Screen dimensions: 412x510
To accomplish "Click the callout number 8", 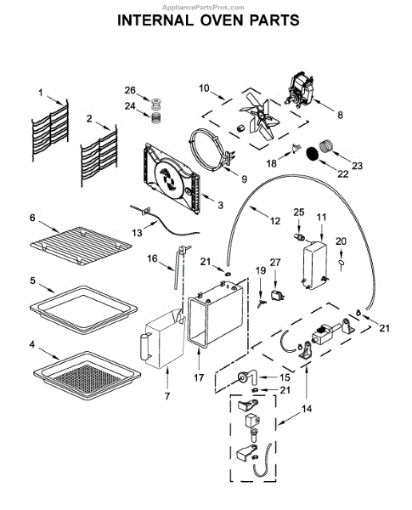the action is [340, 115].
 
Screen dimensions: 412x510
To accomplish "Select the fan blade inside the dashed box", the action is [259, 116].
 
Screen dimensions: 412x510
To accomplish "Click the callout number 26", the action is [130, 90].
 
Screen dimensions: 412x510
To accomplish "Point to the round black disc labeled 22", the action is [313, 153].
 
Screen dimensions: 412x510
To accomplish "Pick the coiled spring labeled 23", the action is [325, 145].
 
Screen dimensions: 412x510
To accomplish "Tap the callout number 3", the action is [221, 205].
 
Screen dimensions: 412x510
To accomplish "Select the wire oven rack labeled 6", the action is [81, 246].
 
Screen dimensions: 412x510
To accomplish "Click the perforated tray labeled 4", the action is [87, 375].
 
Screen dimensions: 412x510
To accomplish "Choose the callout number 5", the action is [32, 280].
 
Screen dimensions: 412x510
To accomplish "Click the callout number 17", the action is [199, 377].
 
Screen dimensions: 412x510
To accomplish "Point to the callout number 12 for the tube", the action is [274, 221].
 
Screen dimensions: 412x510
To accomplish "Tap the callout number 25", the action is [298, 212].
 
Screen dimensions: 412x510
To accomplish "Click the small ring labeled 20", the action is [341, 263].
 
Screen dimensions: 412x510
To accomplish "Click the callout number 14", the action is [307, 409].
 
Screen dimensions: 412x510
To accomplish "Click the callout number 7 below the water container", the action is [167, 396].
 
